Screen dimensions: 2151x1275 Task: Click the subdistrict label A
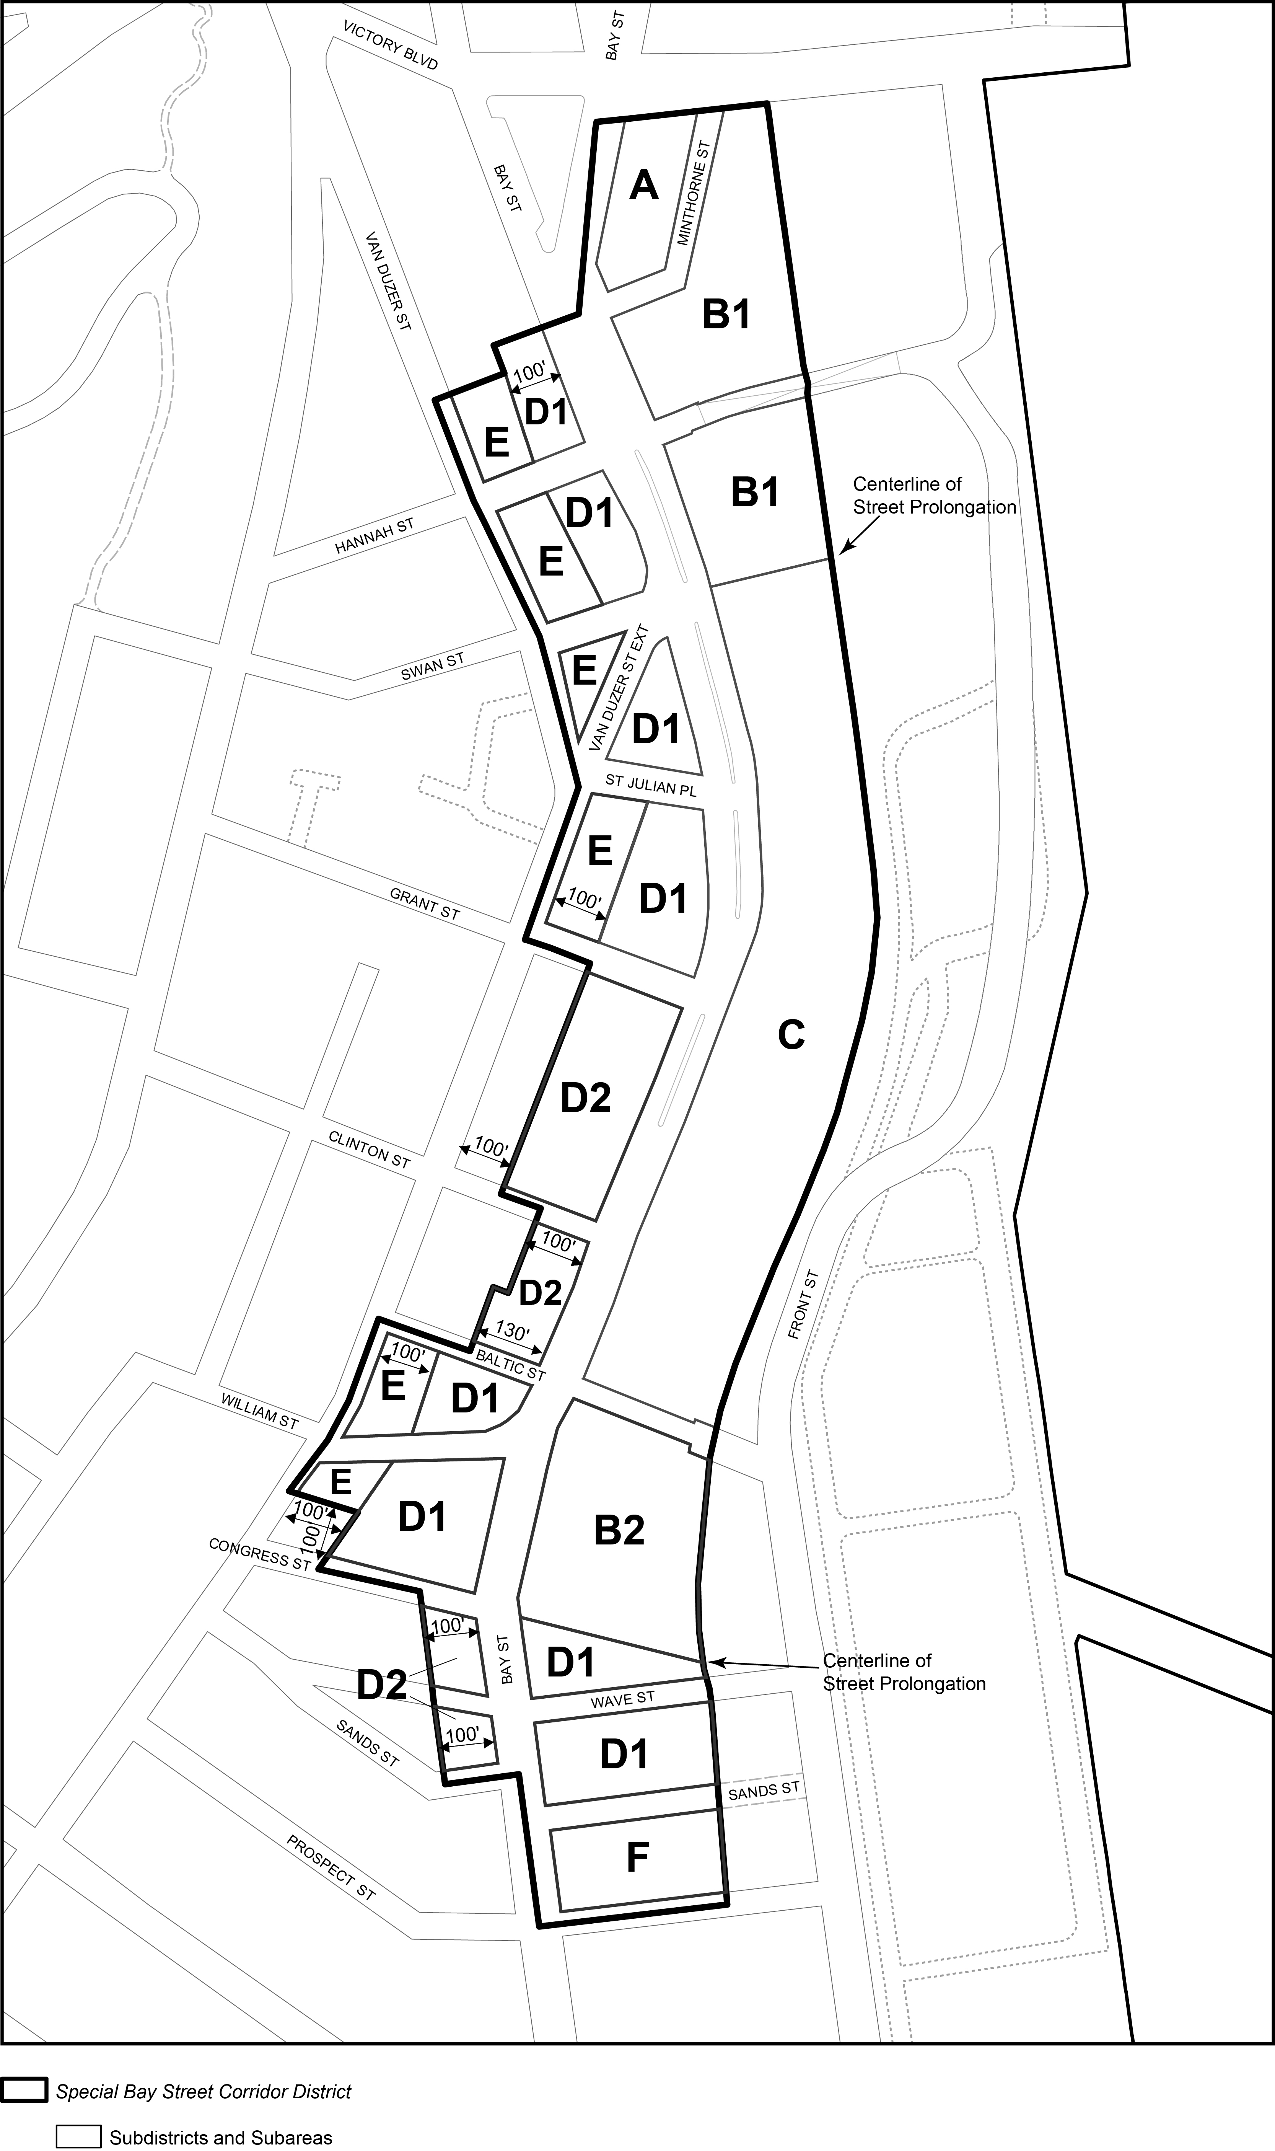click(x=643, y=185)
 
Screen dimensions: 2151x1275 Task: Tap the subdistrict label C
click(x=790, y=1036)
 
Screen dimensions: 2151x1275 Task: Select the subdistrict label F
click(x=637, y=1858)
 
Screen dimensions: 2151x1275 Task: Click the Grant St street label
click(x=425, y=904)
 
